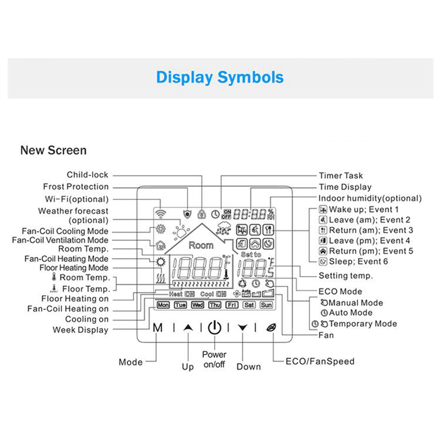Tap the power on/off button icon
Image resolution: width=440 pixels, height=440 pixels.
[x=215, y=327]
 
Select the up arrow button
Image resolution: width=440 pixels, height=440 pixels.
[x=188, y=327]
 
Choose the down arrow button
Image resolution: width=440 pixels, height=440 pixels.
[x=243, y=327]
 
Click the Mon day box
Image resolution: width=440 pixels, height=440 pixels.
[x=163, y=305]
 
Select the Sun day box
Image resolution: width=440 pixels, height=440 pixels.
[x=266, y=305]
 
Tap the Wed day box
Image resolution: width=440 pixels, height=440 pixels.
[x=197, y=305]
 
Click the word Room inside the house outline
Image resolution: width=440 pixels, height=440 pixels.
[x=201, y=245]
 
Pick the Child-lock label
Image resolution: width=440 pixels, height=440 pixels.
[x=87, y=175]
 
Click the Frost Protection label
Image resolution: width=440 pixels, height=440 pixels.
[x=76, y=186]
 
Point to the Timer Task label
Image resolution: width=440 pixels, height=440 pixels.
[x=341, y=175]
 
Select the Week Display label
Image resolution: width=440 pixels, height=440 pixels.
[x=81, y=330]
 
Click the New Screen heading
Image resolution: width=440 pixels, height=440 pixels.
[x=53, y=150]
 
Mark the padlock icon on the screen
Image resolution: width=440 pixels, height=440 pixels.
[x=202, y=214]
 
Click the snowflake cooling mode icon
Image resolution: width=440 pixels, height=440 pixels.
[x=160, y=229]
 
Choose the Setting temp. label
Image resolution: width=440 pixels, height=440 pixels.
[x=346, y=276]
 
